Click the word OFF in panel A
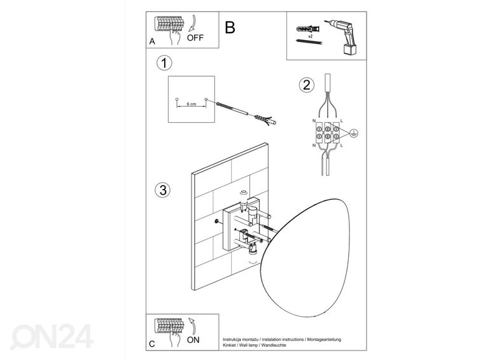point(195,38)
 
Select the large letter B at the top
point(230,27)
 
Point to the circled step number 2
point(307,85)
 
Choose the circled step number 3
point(163,190)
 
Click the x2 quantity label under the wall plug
point(311,38)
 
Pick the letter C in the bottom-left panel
point(151,344)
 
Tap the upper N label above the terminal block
point(314,120)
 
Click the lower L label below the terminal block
point(341,148)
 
